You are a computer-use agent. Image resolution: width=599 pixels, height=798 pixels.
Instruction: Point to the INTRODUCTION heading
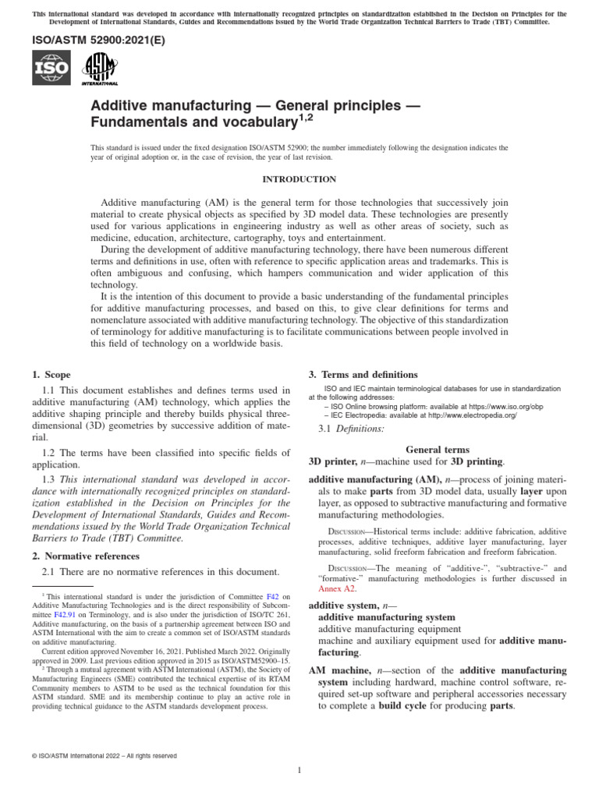click(299, 179)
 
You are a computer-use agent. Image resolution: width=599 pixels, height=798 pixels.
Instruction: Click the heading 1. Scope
click(51, 374)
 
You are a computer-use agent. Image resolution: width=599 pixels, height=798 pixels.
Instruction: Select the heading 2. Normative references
click(86, 556)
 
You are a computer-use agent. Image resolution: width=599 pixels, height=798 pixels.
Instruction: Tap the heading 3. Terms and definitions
click(363, 374)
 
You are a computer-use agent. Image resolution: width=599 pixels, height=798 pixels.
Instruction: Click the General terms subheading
click(438, 450)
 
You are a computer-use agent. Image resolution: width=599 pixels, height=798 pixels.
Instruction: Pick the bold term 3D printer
click(334, 461)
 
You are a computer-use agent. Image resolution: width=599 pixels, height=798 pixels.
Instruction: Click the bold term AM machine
click(338, 670)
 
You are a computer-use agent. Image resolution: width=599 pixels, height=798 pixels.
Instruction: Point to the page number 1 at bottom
click(299, 771)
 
